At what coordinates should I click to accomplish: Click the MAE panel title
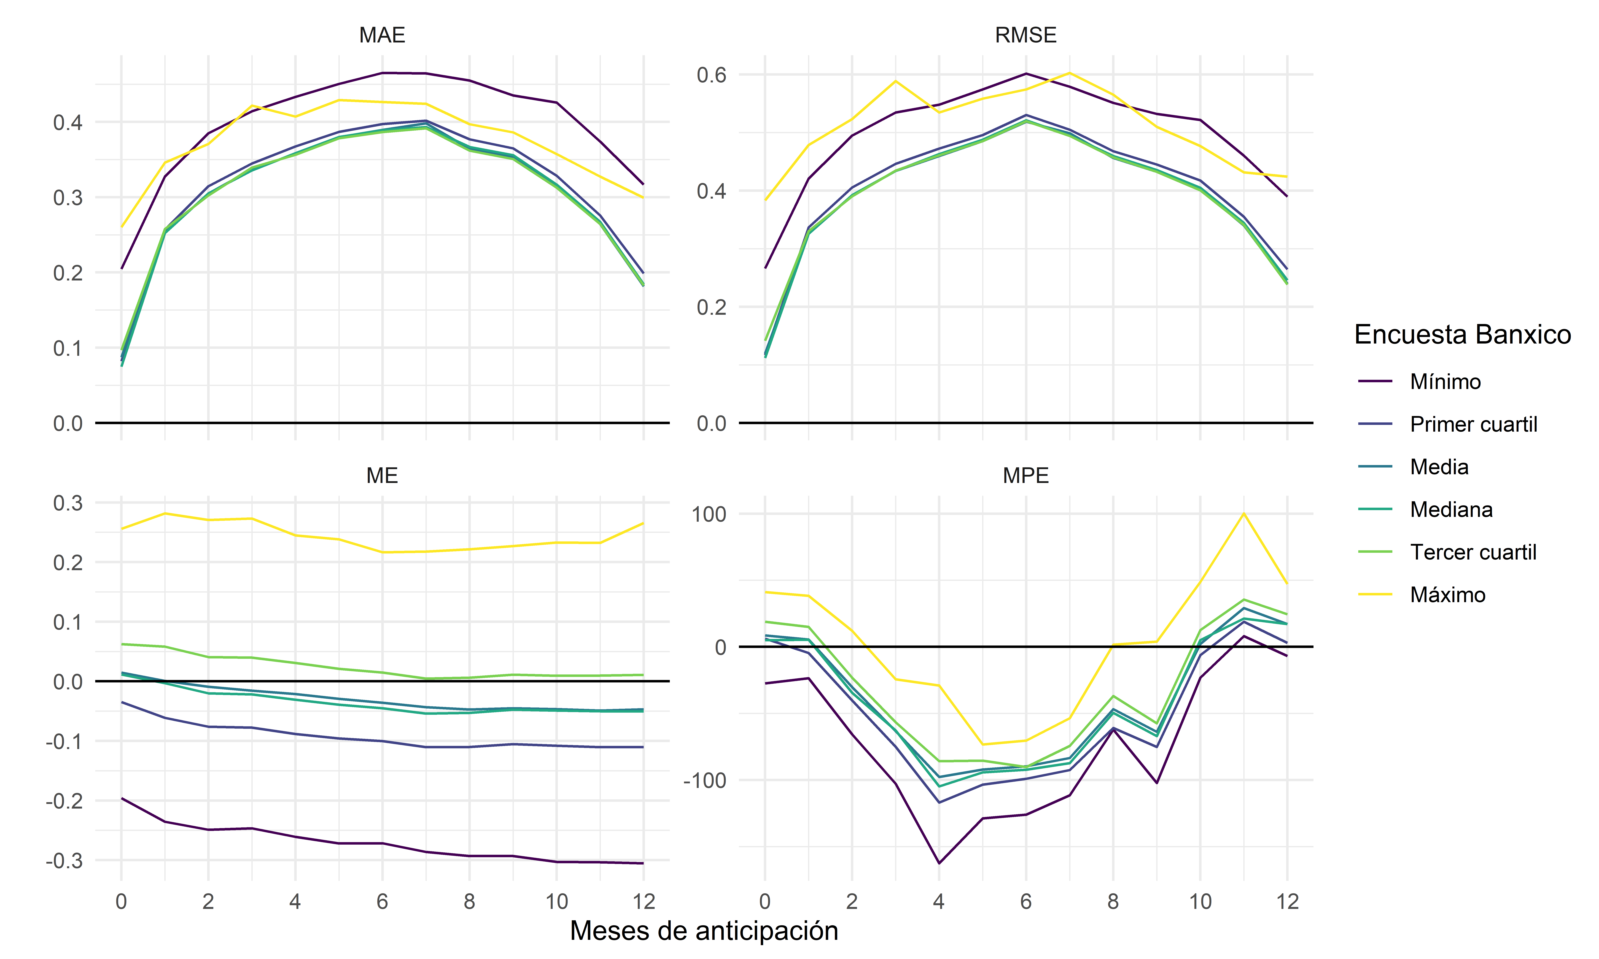pyautogui.click(x=382, y=35)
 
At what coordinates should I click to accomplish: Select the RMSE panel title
pyautogui.click(x=1026, y=35)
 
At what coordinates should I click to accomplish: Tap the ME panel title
pyautogui.click(x=382, y=476)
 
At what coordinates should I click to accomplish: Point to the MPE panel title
pyautogui.click(x=1026, y=476)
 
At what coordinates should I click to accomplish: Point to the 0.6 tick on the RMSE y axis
pyautogui.click(x=712, y=75)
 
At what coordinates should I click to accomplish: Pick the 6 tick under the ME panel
pyautogui.click(x=382, y=901)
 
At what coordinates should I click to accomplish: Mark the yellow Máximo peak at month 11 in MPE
pyautogui.click(x=1243, y=514)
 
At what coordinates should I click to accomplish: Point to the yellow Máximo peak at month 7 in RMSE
pyautogui.click(x=1070, y=73)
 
